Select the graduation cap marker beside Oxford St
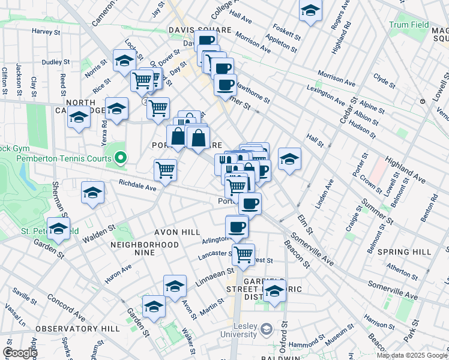[274, 292]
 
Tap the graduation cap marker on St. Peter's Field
[58, 229]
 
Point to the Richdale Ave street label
[137, 185]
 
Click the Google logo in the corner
[19, 353]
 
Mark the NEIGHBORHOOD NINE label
[145, 245]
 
